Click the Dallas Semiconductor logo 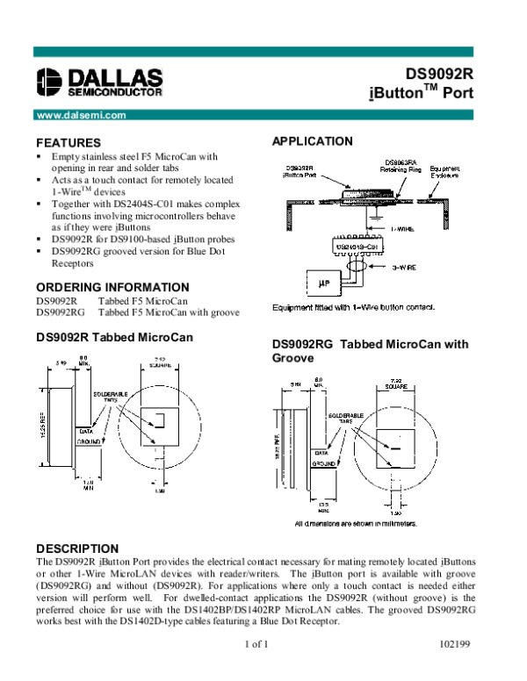[x=98, y=80]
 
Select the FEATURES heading [x=68, y=142]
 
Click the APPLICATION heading [x=313, y=141]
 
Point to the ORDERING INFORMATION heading [x=112, y=287]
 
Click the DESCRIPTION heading [x=75, y=548]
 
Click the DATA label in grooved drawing [x=322, y=453]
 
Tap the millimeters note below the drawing [x=355, y=523]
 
